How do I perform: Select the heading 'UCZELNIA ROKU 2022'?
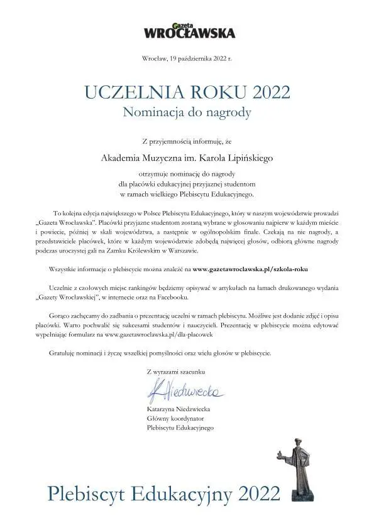coord(187,93)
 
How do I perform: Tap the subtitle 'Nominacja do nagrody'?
coord(187,113)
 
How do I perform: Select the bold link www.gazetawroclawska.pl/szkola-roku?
coord(251,269)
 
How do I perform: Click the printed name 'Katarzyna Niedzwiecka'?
coord(180,409)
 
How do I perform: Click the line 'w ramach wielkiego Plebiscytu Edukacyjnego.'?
coord(187,194)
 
